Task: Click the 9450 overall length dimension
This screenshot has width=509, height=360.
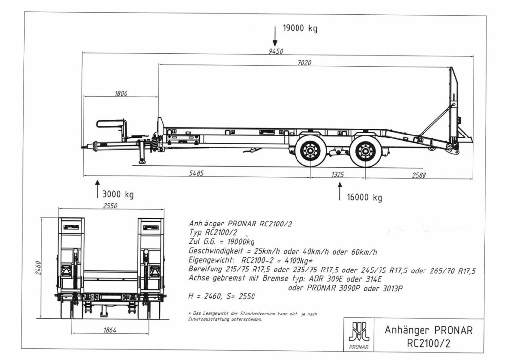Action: coord(276,51)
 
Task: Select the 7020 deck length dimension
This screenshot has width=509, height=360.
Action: coord(304,63)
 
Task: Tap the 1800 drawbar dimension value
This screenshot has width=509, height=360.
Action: coord(121,93)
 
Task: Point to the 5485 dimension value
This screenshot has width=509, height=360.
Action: coord(196,173)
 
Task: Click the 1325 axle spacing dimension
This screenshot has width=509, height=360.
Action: coord(338,175)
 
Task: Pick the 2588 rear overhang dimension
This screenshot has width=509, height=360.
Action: coord(419,175)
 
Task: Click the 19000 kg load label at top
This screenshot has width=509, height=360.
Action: coord(300,28)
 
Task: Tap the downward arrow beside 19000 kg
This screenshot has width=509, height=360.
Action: coord(275,37)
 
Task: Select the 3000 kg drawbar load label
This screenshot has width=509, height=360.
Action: coord(118,195)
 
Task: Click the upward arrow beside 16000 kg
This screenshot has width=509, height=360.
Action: coord(340,191)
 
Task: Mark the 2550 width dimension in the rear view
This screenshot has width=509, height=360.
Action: coord(110,206)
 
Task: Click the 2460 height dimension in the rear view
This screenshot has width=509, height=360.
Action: coord(38,268)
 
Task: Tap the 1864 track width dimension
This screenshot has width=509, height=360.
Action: coord(110,330)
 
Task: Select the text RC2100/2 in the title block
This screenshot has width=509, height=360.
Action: coord(428,343)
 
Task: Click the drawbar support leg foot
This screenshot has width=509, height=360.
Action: coord(142,161)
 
